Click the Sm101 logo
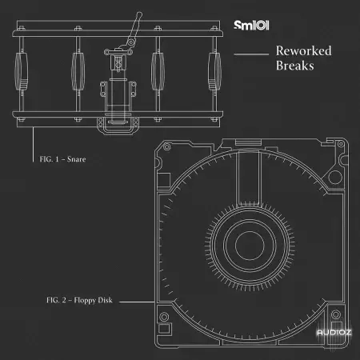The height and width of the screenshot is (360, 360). (x=251, y=26)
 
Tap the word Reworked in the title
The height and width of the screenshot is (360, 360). (x=304, y=50)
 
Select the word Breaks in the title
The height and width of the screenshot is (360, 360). (x=295, y=66)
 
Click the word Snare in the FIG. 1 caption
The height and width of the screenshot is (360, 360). (x=77, y=159)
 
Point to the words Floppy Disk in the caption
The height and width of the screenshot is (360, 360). (x=94, y=300)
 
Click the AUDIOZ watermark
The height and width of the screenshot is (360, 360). (x=334, y=332)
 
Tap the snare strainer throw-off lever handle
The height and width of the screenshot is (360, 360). (x=135, y=27)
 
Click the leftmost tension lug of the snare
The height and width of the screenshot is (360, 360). (x=21, y=71)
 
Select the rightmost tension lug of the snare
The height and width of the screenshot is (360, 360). (x=214, y=71)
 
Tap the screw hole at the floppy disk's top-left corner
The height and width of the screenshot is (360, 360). (x=167, y=146)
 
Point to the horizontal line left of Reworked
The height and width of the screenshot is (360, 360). (x=251, y=54)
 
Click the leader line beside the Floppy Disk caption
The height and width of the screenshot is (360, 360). (x=137, y=302)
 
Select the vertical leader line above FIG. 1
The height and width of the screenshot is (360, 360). (x=33, y=144)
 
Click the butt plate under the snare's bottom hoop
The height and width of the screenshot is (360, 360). (x=118, y=126)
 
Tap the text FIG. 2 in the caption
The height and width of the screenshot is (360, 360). (x=56, y=300)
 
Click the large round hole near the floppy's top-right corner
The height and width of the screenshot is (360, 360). (x=335, y=177)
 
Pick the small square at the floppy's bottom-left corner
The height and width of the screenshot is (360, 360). (x=164, y=328)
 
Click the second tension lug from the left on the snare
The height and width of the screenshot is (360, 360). (x=78, y=71)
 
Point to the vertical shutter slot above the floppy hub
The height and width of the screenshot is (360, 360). (x=249, y=178)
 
